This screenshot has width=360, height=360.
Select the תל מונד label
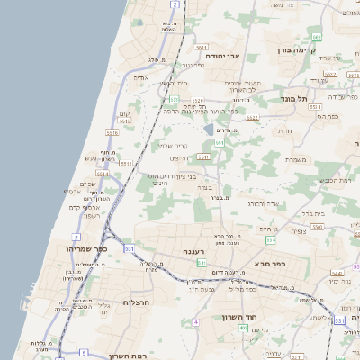point(294,98)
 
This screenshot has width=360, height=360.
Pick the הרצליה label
point(135,302)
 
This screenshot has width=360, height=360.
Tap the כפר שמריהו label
point(86,248)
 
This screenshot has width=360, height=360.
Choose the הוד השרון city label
point(240,317)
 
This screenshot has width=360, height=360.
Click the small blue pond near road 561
point(209,130)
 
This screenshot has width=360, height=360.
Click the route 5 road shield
point(84,352)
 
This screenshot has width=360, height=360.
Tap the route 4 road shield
point(195,321)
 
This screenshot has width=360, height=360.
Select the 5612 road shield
point(200,46)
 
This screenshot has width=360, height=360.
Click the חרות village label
point(286,131)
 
